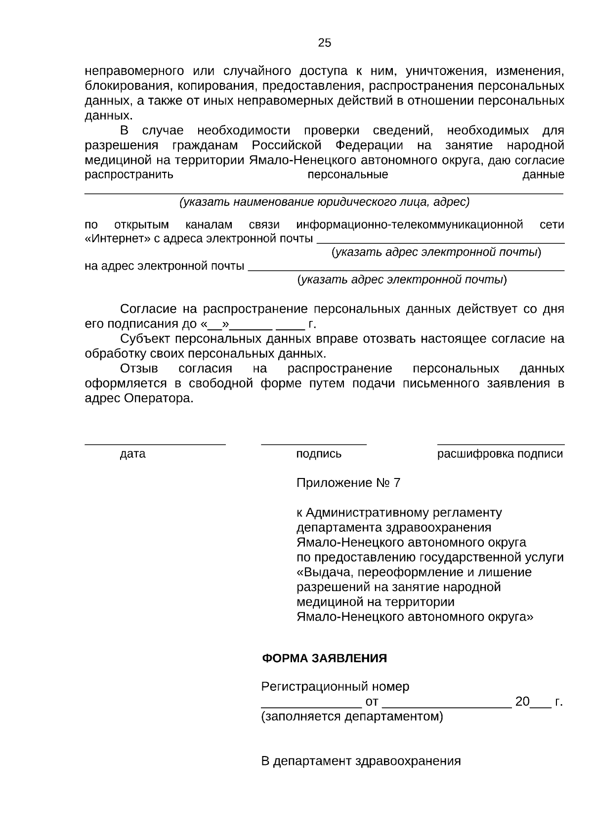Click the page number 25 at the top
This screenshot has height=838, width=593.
(x=324, y=43)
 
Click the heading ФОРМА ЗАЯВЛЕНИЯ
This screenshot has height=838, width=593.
(x=324, y=658)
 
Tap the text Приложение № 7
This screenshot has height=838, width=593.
(x=348, y=482)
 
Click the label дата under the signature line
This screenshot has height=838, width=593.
(x=132, y=454)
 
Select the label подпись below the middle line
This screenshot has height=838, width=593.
(x=319, y=454)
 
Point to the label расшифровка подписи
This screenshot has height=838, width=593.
(x=500, y=454)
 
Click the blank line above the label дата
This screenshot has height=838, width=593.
(x=155, y=444)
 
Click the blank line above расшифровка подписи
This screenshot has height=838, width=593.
(x=501, y=444)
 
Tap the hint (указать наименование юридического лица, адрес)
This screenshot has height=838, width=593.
(x=324, y=202)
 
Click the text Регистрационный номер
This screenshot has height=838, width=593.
(x=335, y=686)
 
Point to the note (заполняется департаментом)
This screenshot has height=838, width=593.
(x=352, y=716)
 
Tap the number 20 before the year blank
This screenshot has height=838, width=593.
(x=522, y=702)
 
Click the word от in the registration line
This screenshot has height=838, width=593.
(x=372, y=702)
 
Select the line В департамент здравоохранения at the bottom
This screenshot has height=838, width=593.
(x=361, y=761)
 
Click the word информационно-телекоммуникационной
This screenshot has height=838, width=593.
(x=410, y=225)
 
